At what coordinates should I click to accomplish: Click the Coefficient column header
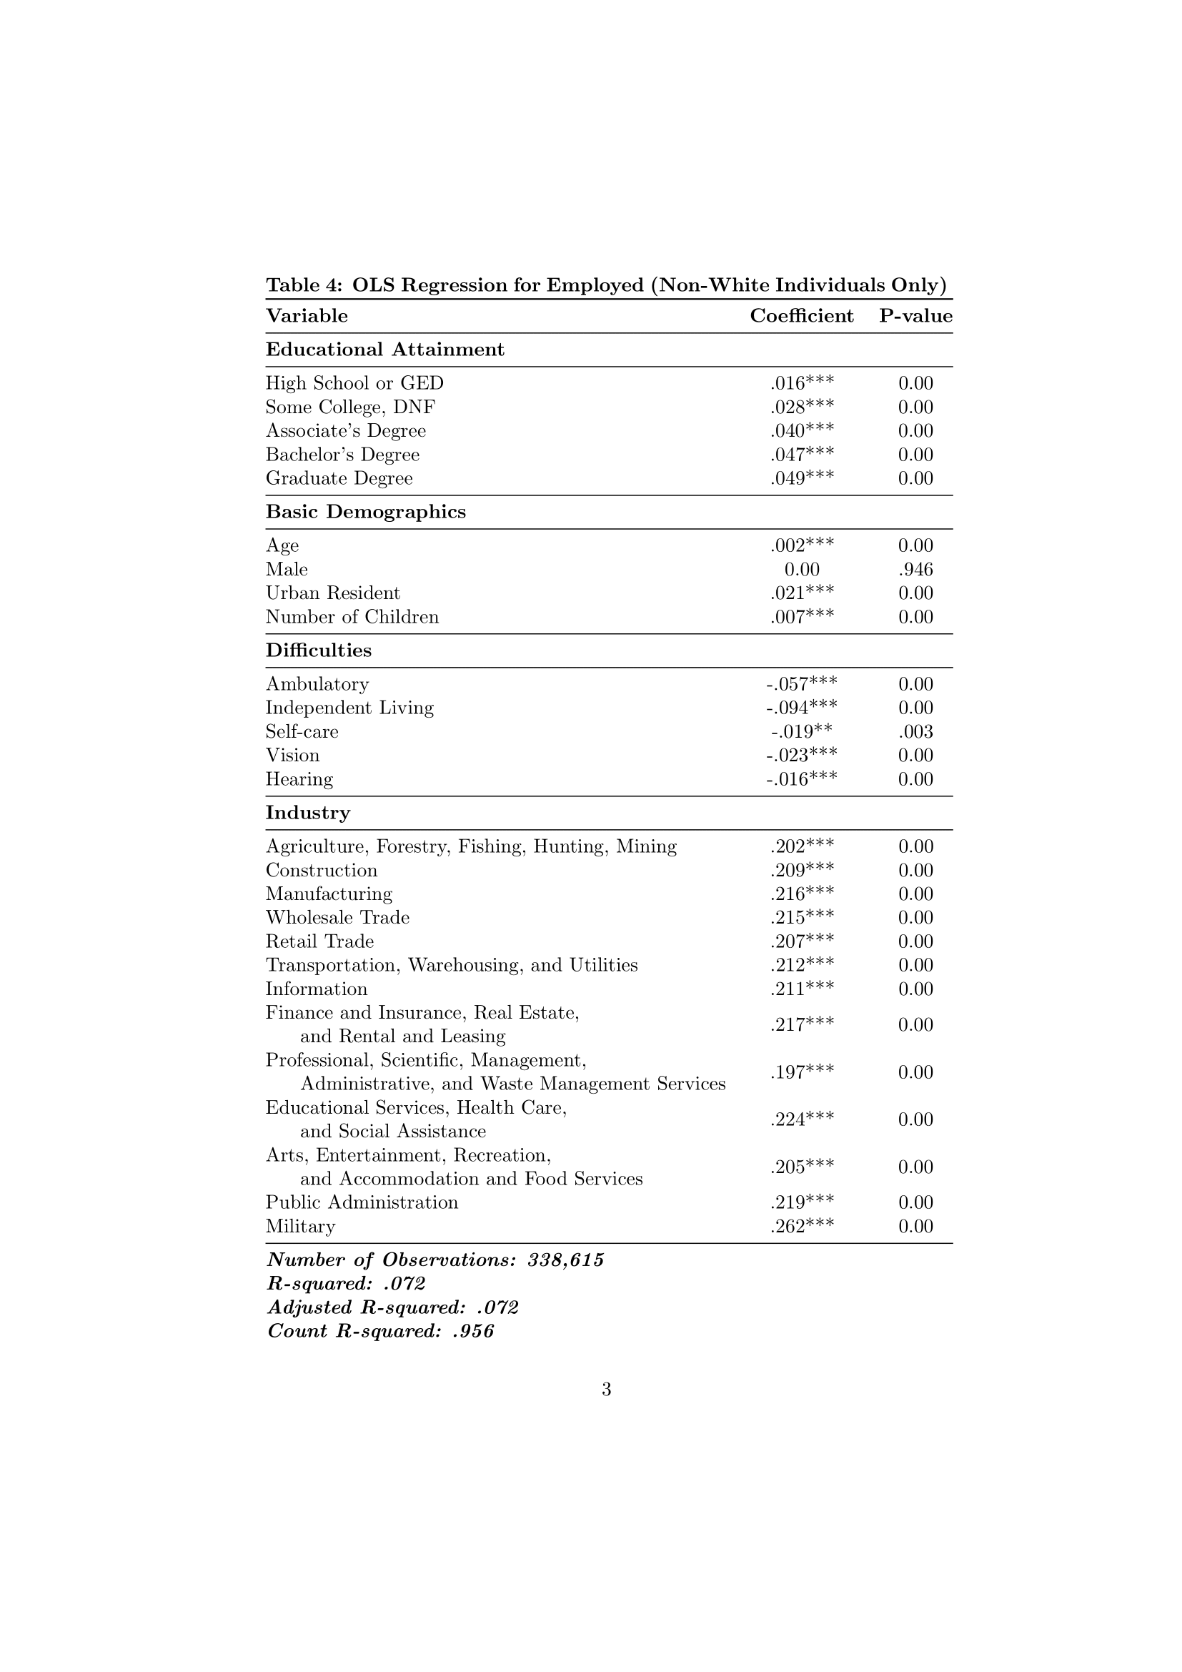[801, 316]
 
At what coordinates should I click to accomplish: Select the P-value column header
[915, 316]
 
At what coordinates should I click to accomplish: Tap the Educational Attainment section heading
[384, 350]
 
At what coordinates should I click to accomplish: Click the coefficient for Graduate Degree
[801, 478]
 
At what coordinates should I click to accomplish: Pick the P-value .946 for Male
[915, 570]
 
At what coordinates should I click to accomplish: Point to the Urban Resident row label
[332, 593]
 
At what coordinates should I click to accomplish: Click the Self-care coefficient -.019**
[801, 732]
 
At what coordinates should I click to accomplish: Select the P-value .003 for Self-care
[915, 732]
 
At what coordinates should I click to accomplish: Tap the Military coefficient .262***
[801, 1227]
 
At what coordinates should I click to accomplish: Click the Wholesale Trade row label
[337, 918]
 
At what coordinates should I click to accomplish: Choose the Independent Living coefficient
[801, 708]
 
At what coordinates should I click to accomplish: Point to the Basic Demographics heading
[365, 512]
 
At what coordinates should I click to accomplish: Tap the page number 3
[606, 1390]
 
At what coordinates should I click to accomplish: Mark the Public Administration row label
[362, 1202]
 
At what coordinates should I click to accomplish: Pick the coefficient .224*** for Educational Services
[801, 1119]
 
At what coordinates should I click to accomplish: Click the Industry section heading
[307, 813]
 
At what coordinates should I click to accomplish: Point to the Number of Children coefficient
[801, 618]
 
